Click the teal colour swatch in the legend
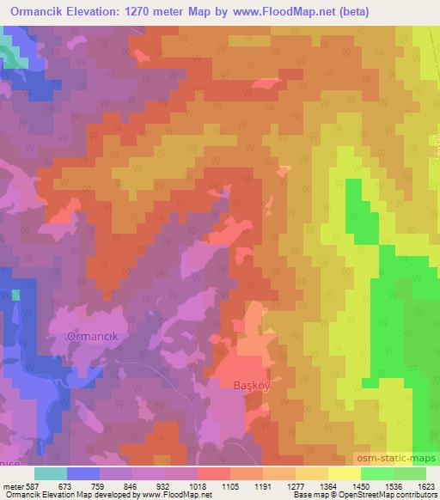[x=50, y=473]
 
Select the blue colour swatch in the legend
[x=82, y=473]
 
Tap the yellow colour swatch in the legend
[x=345, y=473]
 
